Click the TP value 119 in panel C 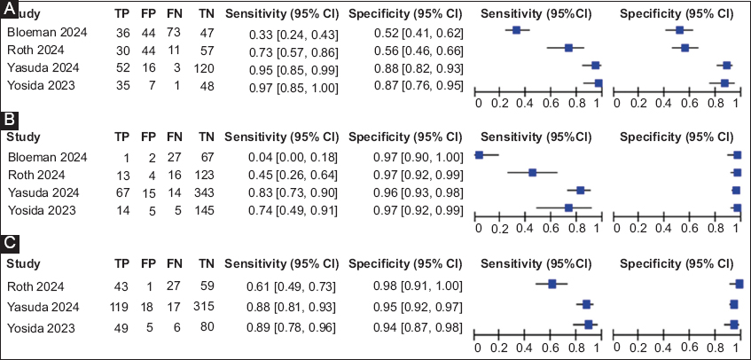[x=121, y=308]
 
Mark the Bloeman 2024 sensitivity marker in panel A [x=517, y=30]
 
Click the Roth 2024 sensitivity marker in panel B [x=532, y=172]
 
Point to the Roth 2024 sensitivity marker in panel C [x=551, y=284]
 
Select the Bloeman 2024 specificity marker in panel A [x=680, y=30]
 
